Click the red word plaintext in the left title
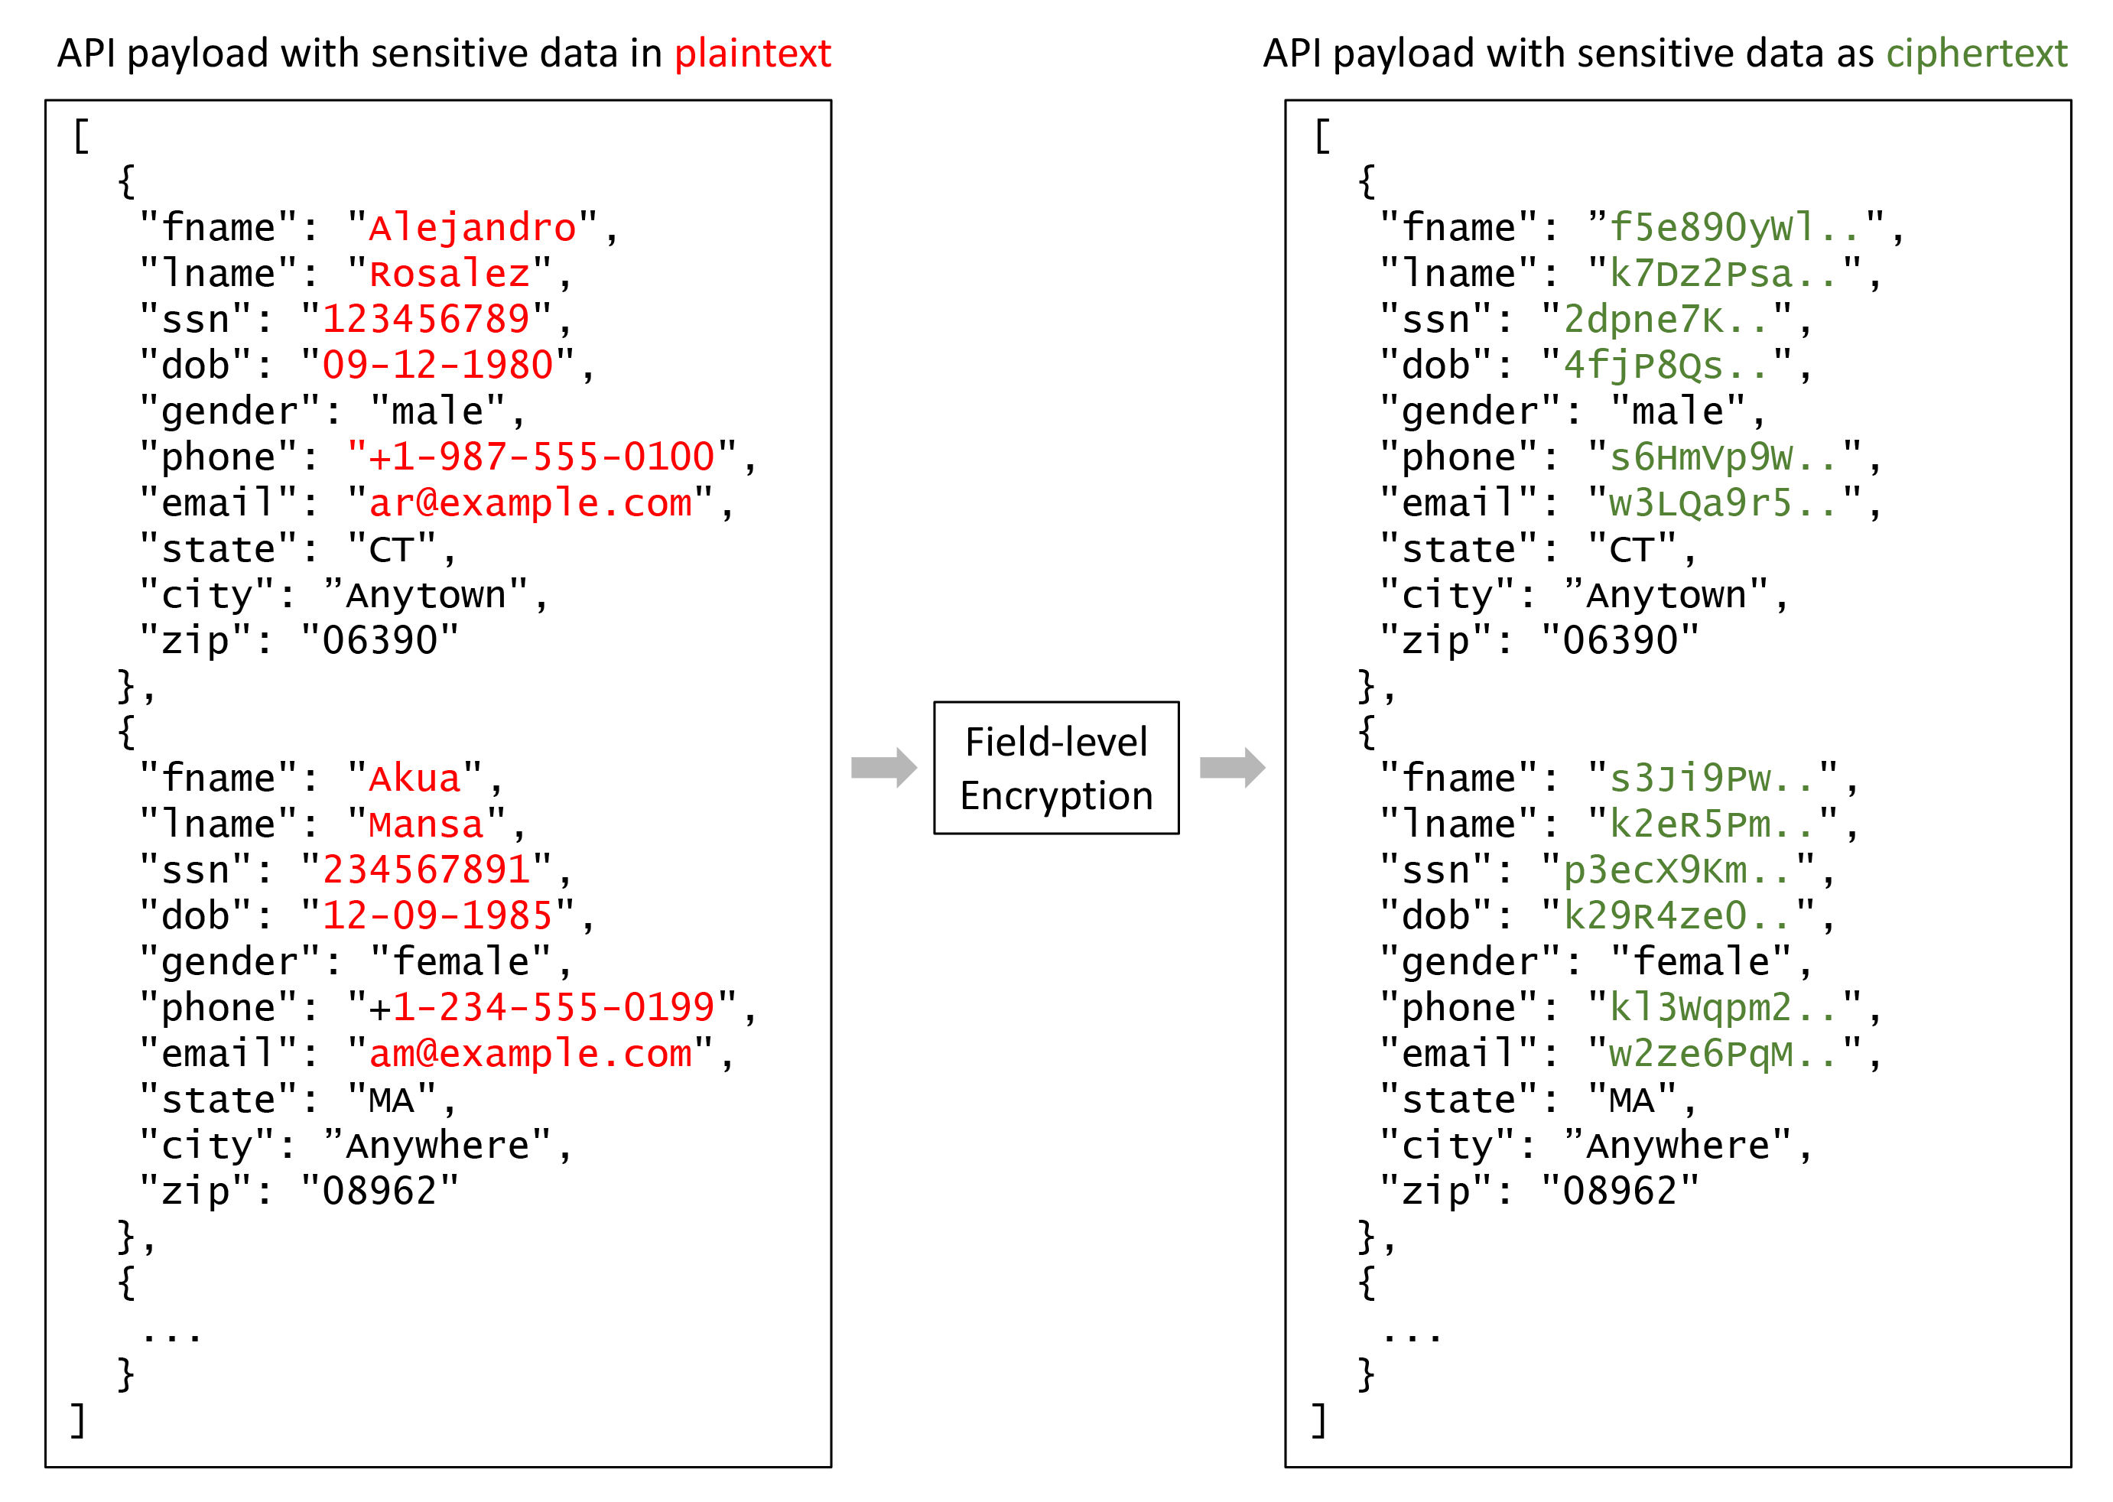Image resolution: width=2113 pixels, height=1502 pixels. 752,54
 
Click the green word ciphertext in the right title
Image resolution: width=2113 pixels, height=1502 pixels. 1975,54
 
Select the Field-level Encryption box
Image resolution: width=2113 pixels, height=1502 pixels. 1055,768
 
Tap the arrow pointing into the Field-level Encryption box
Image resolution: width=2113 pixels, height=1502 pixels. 883,768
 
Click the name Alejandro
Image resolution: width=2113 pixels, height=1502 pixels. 472,228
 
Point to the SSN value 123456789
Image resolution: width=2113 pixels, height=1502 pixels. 425,320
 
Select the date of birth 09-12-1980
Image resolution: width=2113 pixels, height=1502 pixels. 437,366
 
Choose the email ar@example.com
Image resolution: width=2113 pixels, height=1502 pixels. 530,503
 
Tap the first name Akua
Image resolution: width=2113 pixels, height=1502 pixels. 414,779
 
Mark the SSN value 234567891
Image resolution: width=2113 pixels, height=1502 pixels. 425,870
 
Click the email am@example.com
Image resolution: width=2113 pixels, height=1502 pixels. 530,1053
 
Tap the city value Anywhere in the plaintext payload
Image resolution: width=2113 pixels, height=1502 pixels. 437,1146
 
